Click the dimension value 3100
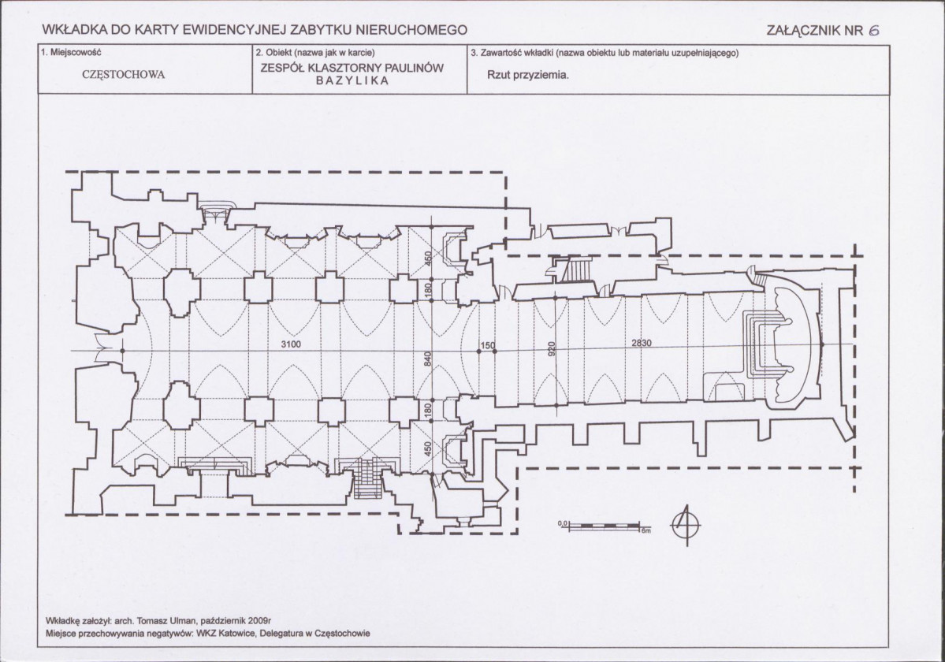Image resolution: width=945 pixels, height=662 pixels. [x=291, y=344]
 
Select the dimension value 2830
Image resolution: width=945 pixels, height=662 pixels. [x=642, y=343]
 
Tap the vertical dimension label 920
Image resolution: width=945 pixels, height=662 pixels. [x=551, y=349]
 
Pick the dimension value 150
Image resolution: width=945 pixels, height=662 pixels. [x=487, y=346]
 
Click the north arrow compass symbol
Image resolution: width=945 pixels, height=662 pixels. [x=686, y=524]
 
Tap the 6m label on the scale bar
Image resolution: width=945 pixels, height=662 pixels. [x=646, y=530]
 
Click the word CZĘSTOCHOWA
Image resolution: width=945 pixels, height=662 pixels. [x=124, y=76]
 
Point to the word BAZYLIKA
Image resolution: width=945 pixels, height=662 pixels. [x=352, y=81]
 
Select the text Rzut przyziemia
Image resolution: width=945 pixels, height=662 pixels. [x=528, y=76]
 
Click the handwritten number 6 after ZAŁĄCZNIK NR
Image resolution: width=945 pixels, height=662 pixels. [x=874, y=31]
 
